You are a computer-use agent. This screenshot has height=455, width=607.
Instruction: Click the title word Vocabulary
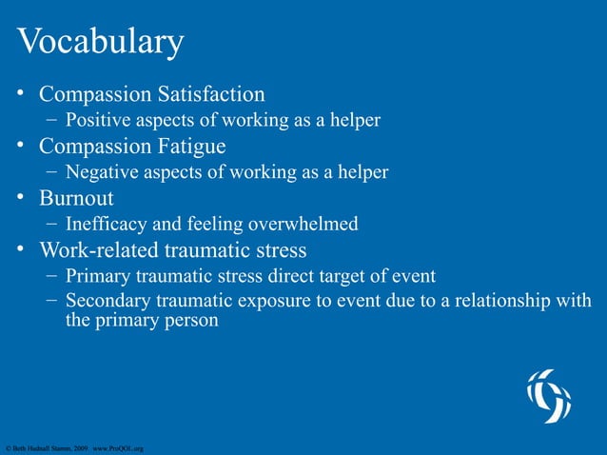[x=99, y=43]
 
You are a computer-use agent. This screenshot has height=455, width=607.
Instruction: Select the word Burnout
[x=76, y=199]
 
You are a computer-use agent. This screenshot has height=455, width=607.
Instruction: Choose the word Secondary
[x=109, y=303]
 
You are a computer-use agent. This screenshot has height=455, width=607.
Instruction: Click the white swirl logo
[x=550, y=395]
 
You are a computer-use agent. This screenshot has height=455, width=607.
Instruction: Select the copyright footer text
[x=73, y=446]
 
